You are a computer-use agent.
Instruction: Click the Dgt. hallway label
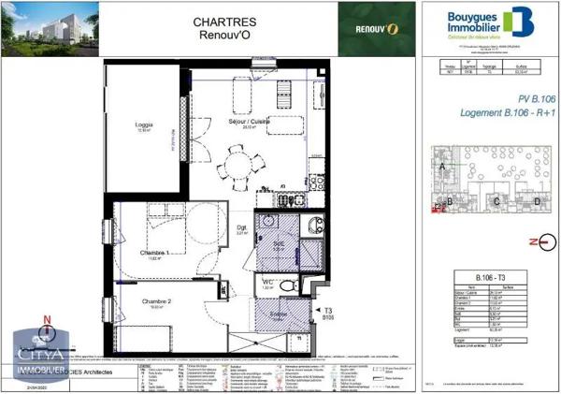[x=241, y=228]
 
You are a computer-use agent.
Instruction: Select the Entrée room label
[x=279, y=316]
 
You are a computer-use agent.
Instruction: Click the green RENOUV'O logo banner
[x=375, y=28]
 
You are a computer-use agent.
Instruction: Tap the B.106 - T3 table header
[x=481, y=278]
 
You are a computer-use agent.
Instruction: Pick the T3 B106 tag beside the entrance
[x=326, y=314]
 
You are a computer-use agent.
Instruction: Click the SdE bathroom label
[x=279, y=243]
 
